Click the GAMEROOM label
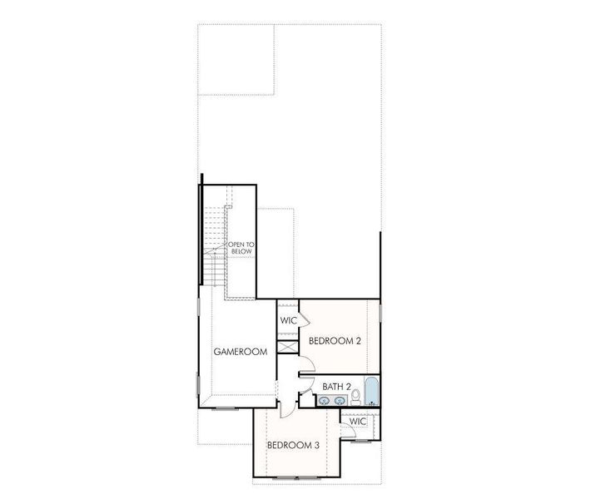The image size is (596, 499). pos(241,352)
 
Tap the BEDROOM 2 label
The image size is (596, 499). pos(335,340)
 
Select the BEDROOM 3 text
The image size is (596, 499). pos(293,445)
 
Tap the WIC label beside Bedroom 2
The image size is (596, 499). pos(289,320)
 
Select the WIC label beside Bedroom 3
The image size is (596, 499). pos(358,422)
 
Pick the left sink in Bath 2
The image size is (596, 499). pos(324,402)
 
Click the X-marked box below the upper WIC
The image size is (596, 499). pos(287,347)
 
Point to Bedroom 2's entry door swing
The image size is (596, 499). pos(306,363)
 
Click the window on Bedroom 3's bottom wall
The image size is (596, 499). pos(296,477)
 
